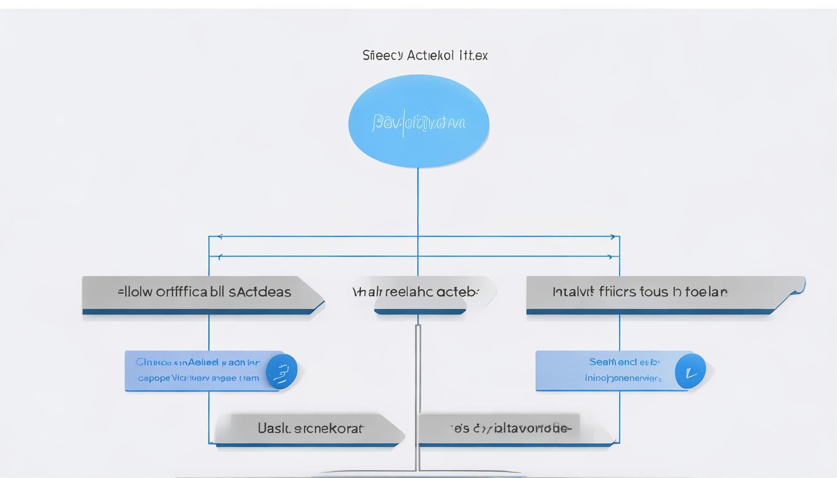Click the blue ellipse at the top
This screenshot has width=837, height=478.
point(418,121)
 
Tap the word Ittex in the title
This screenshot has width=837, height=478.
point(473,55)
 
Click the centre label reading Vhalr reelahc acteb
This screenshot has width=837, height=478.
point(416,292)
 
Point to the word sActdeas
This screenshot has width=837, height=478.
point(260,292)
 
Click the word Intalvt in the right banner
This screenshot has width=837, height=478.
point(572,292)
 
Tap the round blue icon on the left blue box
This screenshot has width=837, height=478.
point(281,371)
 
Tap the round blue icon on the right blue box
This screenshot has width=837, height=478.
point(690,371)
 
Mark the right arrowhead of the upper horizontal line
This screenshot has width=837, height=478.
point(613,237)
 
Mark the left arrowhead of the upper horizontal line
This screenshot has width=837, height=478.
point(219,237)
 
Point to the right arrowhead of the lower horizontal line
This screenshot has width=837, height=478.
point(610,256)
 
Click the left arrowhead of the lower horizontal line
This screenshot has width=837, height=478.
point(219,256)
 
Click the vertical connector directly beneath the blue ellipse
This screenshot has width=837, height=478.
point(417,199)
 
